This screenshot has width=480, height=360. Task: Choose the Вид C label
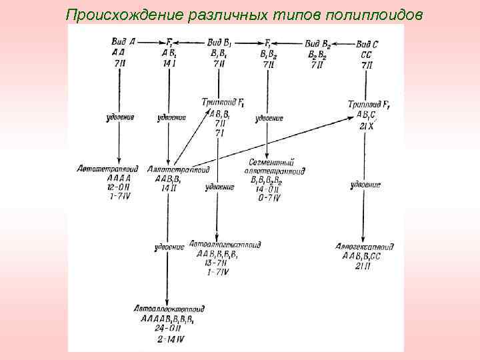[x=366, y=43]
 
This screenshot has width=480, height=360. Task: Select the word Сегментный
[x=271, y=162]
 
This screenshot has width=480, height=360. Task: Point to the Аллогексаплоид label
[x=365, y=247]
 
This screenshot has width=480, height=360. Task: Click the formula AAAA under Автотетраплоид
[x=119, y=178]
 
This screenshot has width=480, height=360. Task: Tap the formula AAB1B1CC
[x=365, y=256]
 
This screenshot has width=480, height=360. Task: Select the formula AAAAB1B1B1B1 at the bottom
[x=167, y=318]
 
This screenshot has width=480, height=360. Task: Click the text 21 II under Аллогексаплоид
[x=364, y=265]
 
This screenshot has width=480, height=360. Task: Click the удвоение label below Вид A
[x=120, y=117]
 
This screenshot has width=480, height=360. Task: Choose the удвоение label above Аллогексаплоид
[x=364, y=184]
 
